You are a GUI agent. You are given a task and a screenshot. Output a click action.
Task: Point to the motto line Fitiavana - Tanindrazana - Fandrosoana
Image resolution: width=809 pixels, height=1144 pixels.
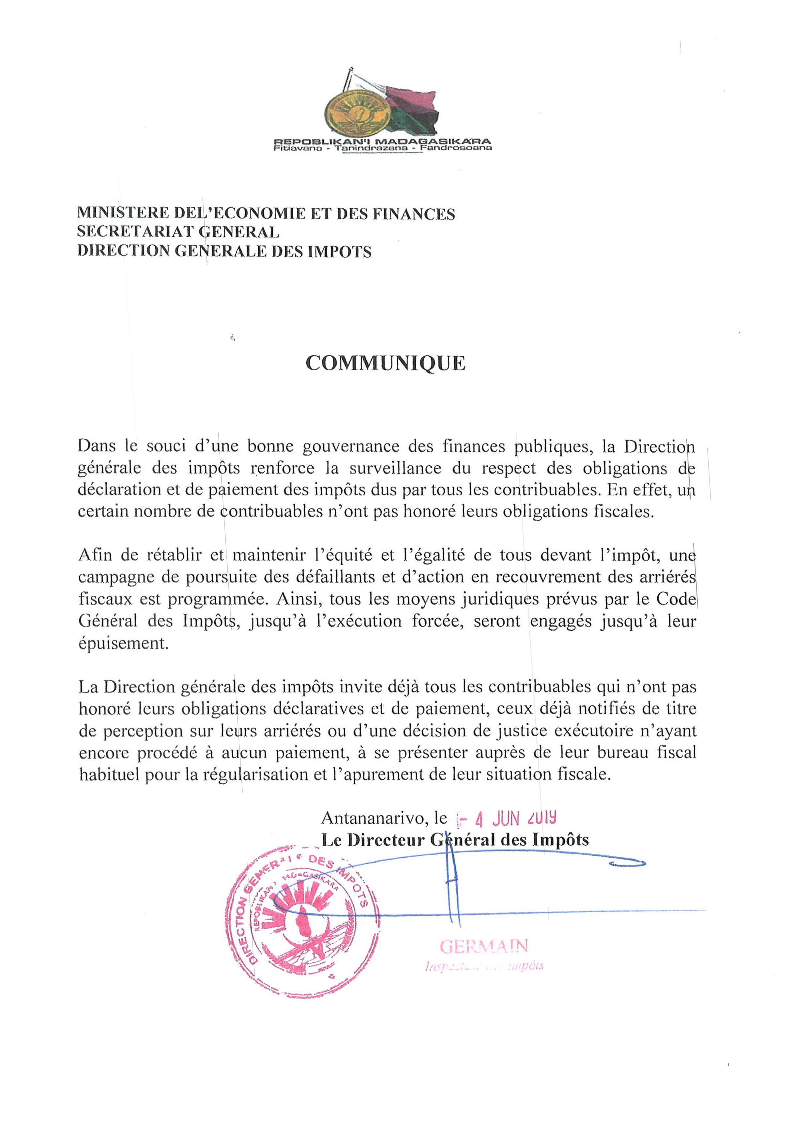tap(382, 148)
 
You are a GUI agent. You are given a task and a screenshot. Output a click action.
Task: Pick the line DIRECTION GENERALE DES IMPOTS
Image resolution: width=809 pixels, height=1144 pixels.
tap(224, 251)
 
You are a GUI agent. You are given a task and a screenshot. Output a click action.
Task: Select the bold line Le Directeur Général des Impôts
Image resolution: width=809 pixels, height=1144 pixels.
tap(455, 840)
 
